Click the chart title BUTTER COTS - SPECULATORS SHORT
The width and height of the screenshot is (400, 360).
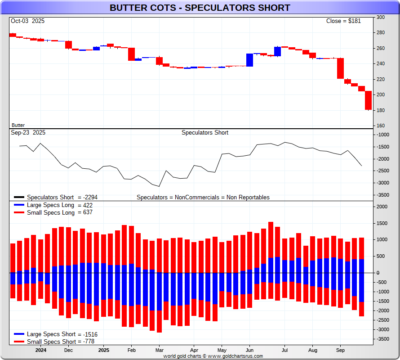(200, 8)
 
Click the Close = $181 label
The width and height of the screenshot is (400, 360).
(343, 21)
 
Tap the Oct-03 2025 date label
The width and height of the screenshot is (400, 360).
(28, 21)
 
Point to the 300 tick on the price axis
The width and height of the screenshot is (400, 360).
(381, 17)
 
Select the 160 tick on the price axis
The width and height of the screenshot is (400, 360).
(381, 126)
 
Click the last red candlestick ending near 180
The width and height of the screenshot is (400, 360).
(368, 100)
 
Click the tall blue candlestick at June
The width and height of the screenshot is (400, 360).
(250, 60)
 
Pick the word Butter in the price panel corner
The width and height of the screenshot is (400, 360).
(18, 125)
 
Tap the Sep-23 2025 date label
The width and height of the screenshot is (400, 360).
(28, 133)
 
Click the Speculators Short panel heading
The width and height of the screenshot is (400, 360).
(205, 133)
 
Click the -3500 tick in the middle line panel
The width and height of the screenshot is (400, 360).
(382, 195)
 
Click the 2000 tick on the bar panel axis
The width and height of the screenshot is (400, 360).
(382, 207)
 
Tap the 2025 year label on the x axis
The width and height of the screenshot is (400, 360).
(104, 350)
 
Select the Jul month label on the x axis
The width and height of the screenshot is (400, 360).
(284, 350)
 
